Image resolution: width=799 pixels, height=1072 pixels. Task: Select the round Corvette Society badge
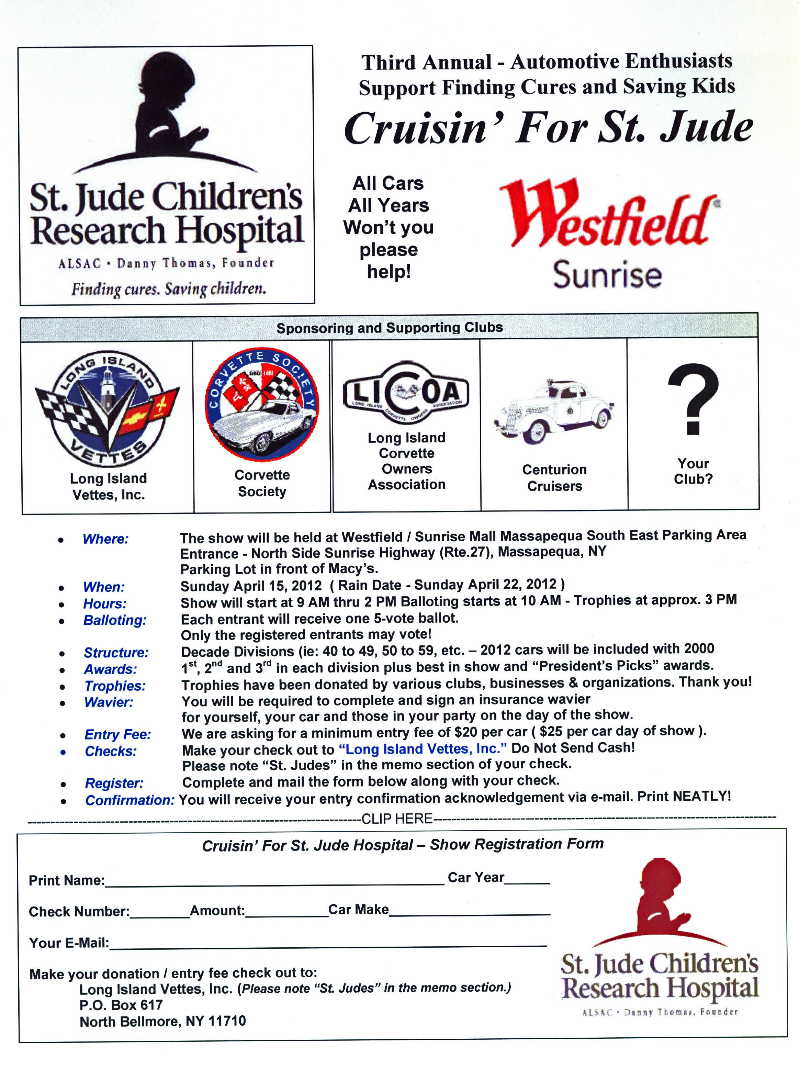click(262, 404)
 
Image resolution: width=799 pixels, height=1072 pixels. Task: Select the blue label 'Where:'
click(106, 539)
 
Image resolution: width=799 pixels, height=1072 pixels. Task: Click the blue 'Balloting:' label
click(115, 620)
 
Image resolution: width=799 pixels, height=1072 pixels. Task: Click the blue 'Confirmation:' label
click(130, 800)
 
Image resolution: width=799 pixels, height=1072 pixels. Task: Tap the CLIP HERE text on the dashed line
click(397, 819)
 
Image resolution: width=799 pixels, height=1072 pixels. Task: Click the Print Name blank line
click(274, 881)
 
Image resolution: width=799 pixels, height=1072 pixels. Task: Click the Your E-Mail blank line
click(328, 943)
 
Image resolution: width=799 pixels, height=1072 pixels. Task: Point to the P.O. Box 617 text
click(121, 1005)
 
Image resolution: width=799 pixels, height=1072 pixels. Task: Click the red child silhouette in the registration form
click(660, 899)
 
